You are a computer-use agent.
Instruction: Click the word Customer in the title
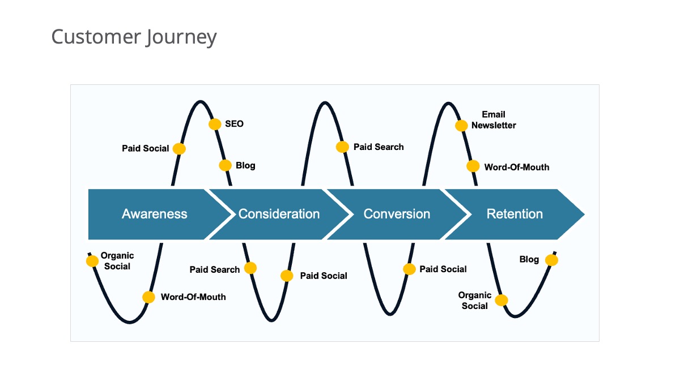96,36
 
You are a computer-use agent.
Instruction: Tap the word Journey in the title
181,37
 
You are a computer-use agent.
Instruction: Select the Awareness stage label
155,214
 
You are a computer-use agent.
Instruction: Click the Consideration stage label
279,214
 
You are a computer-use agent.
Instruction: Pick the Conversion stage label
397,214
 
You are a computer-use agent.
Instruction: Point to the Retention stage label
515,214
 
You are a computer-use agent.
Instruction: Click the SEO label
234,124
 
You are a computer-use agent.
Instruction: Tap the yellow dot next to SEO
215,124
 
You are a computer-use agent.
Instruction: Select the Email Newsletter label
494,120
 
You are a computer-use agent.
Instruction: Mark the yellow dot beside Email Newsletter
461,126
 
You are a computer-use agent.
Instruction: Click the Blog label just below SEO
245,165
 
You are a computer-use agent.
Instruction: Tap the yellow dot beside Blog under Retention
551,260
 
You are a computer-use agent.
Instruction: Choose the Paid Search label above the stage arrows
379,147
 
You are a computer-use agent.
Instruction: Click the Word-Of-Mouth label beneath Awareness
193,297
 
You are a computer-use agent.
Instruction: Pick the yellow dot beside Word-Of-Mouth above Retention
473,166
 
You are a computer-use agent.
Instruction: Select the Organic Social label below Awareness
117,261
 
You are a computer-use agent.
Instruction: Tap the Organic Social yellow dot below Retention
501,300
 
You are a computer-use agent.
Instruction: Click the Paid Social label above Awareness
146,148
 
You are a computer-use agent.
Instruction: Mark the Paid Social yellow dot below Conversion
409,269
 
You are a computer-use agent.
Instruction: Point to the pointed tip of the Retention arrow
584,214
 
